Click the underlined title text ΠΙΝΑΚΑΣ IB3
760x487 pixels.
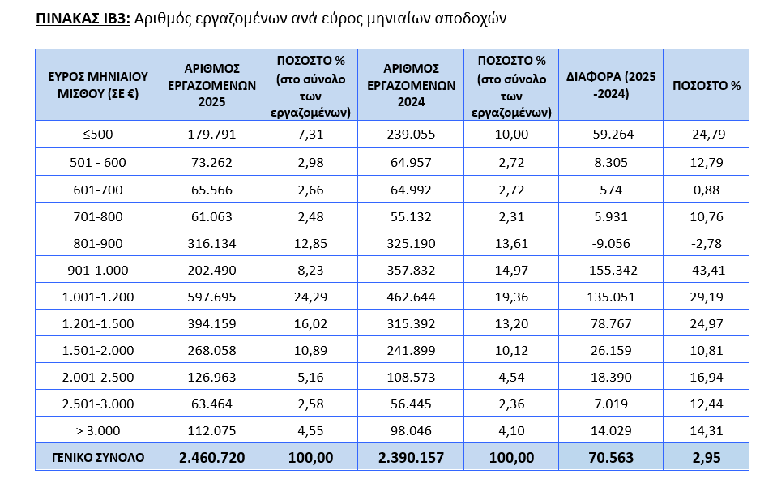pos(83,17)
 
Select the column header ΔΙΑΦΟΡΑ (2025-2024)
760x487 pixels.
pos(612,84)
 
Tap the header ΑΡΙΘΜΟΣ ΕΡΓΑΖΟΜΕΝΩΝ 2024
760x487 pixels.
pos(411,84)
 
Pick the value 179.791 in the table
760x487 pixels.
pos(211,135)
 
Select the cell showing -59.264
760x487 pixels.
pos(612,135)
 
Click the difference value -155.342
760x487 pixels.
pos(612,270)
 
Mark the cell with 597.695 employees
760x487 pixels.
pos(211,297)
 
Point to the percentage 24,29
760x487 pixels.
pos(310,297)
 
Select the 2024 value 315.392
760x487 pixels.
pos(411,323)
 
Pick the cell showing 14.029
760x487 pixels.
pos(612,430)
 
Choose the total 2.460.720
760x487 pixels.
pos(211,457)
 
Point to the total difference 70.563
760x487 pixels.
pos(612,457)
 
